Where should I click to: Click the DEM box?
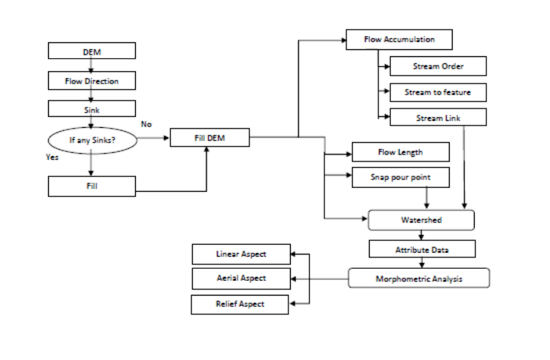(92, 51)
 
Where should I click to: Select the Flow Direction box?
(92, 81)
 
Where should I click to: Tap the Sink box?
(92, 109)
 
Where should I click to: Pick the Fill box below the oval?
(92, 186)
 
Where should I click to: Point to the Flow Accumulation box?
(399, 39)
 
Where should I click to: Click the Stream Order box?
(438, 67)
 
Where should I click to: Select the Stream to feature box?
(438, 92)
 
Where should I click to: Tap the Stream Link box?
(438, 118)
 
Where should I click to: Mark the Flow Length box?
(401, 152)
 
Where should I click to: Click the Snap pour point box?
(401, 178)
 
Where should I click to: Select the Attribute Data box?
(422, 249)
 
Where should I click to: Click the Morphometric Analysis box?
(419, 278)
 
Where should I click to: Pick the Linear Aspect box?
(240, 254)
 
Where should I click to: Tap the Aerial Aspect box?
(240, 278)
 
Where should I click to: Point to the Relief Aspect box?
(240, 304)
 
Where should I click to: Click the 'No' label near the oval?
(147, 124)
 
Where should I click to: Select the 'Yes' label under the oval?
(52, 157)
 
